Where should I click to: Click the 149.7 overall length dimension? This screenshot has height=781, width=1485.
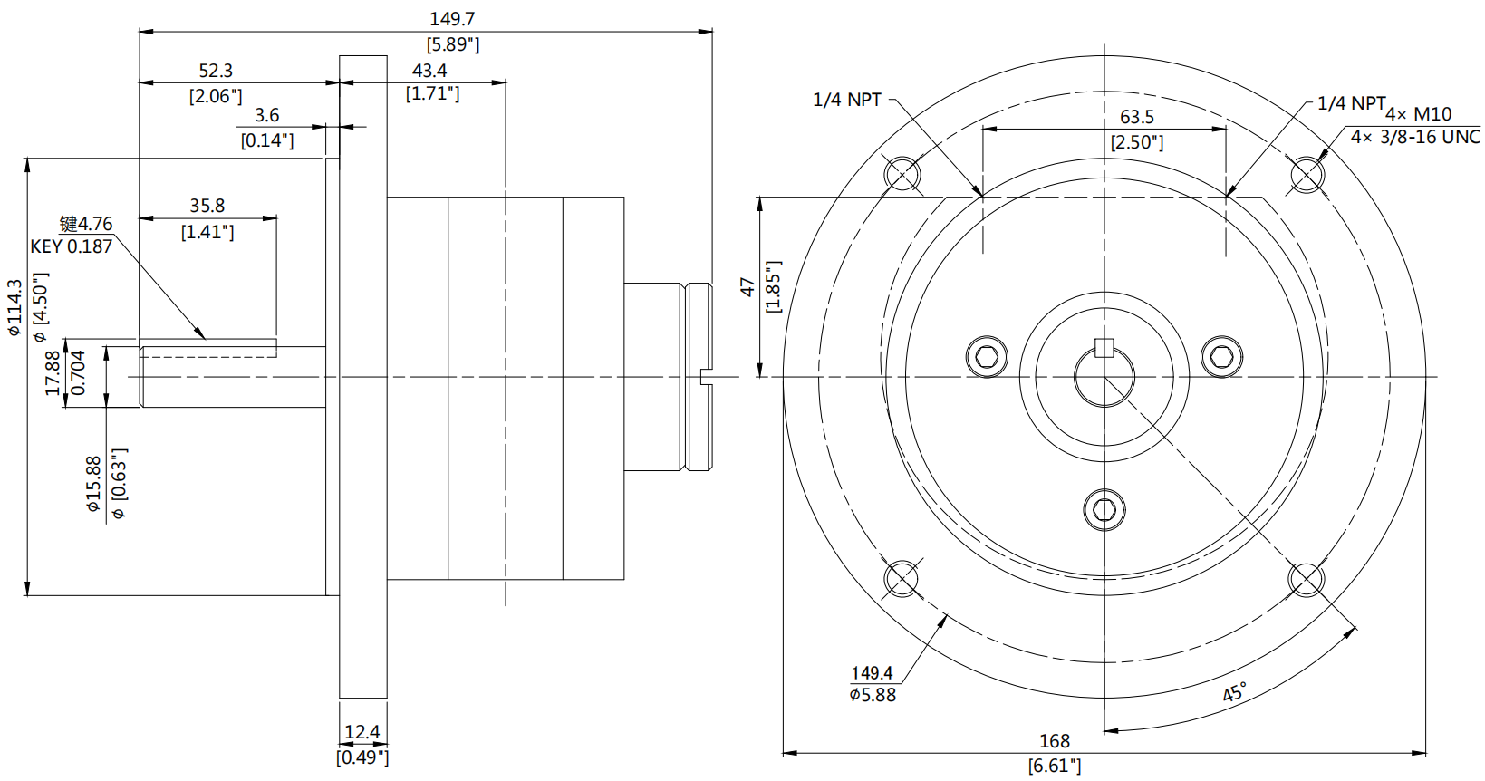[451, 19]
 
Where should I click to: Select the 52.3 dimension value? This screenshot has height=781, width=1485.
[216, 71]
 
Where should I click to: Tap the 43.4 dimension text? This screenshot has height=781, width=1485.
[429, 71]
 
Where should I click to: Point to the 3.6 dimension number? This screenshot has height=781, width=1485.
[266, 116]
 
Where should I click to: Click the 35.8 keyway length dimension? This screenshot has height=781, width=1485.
[207, 207]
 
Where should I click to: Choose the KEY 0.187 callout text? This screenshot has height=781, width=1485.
[72, 246]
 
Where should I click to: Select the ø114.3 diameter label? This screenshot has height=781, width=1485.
[14, 308]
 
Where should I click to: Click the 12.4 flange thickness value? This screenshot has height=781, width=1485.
[362, 732]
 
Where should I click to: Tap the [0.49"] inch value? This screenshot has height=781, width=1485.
[362, 757]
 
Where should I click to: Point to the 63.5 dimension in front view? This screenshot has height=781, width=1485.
[1136, 118]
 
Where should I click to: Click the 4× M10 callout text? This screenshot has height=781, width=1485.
[1418, 114]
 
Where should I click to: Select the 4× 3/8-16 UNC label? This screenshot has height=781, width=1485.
[1414, 137]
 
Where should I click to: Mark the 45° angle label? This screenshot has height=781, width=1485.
[1233, 693]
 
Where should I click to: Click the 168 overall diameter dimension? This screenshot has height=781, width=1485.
[1054, 741]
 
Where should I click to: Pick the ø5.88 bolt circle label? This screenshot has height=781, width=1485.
[872, 695]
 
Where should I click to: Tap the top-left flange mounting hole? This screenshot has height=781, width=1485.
[902, 173]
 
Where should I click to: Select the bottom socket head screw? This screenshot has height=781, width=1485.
[1104, 510]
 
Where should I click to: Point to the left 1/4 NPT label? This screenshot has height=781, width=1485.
[846, 101]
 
